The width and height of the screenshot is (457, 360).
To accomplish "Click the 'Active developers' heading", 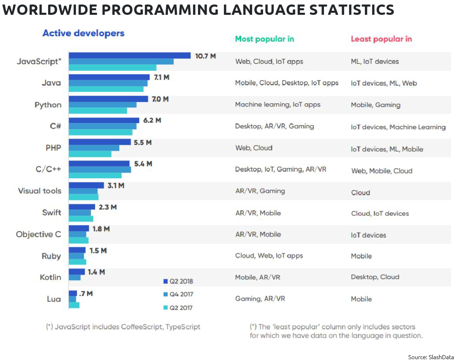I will (x=83, y=33).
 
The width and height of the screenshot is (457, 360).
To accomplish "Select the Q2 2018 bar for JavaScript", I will (x=129, y=56).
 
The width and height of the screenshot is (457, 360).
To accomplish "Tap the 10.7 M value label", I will (x=205, y=56).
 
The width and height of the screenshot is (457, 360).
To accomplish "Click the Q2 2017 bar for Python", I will (x=98, y=111).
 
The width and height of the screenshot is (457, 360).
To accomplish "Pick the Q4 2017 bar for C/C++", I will (x=100, y=170).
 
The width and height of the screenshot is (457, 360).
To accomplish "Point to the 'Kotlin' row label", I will (x=50, y=277).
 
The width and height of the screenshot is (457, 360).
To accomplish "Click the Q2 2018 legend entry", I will (x=178, y=281).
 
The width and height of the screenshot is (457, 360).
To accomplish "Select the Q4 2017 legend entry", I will (x=178, y=294).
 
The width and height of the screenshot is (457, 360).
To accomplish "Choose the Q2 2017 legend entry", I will (x=178, y=308).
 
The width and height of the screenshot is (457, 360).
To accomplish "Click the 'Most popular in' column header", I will (x=264, y=39).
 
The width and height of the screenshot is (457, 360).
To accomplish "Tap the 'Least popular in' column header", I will (x=381, y=39).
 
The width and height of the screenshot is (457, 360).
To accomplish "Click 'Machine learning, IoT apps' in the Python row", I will (x=277, y=105).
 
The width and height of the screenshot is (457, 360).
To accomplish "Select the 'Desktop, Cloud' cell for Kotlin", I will (x=375, y=277).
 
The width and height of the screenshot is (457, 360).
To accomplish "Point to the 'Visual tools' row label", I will (x=40, y=191).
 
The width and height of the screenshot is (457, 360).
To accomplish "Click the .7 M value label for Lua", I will (x=86, y=293).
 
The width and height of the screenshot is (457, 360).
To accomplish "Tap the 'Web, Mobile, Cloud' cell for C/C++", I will (x=381, y=171).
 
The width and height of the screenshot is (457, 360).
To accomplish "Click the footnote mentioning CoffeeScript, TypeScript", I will (x=123, y=327).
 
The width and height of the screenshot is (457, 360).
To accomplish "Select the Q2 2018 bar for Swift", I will (x=82, y=207).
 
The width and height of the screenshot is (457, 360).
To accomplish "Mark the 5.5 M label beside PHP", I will (x=142, y=142).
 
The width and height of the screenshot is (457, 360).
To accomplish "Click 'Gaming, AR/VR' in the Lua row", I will (x=260, y=299).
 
